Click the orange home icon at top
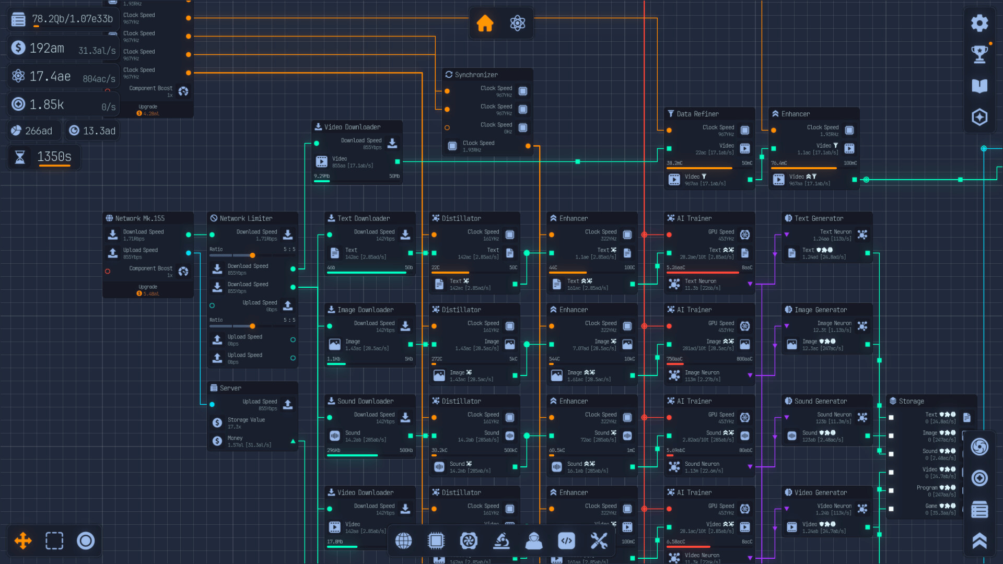click(x=485, y=23)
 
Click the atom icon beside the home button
click(x=517, y=23)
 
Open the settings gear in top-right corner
click(x=979, y=23)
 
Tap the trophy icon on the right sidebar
click(x=979, y=54)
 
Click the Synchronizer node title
click(x=476, y=75)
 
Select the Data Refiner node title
click(x=697, y=114)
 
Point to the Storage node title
click(x=911, y=401)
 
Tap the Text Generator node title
click(x=819, y=218)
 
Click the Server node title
click(x=230, y=388)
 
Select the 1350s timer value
click(x=54, y=157)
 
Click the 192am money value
click(x=47, y=48)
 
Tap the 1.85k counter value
click(x=47, y=104)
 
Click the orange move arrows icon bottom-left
click(x=23, y=540)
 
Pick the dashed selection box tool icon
click(x=54, y=540)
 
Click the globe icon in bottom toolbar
click(x=403, y=541)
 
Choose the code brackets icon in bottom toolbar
click(x=566, y=541)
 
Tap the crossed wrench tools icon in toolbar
click(x=599, y=541)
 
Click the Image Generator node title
click(x=820, y=310)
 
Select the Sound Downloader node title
click(x=365, y=401)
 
